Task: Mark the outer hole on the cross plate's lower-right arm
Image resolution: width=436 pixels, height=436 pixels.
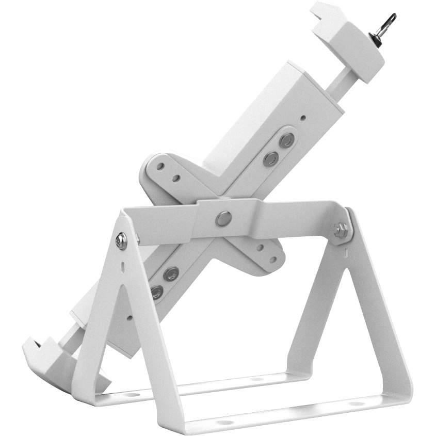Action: pyautogui.click(x=269, y=253)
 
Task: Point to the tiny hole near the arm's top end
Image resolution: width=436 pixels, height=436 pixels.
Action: pyautogui.click(x=303, y=117)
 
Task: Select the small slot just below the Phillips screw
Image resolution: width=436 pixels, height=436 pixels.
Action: pyautogui.click(x=122, y=267)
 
